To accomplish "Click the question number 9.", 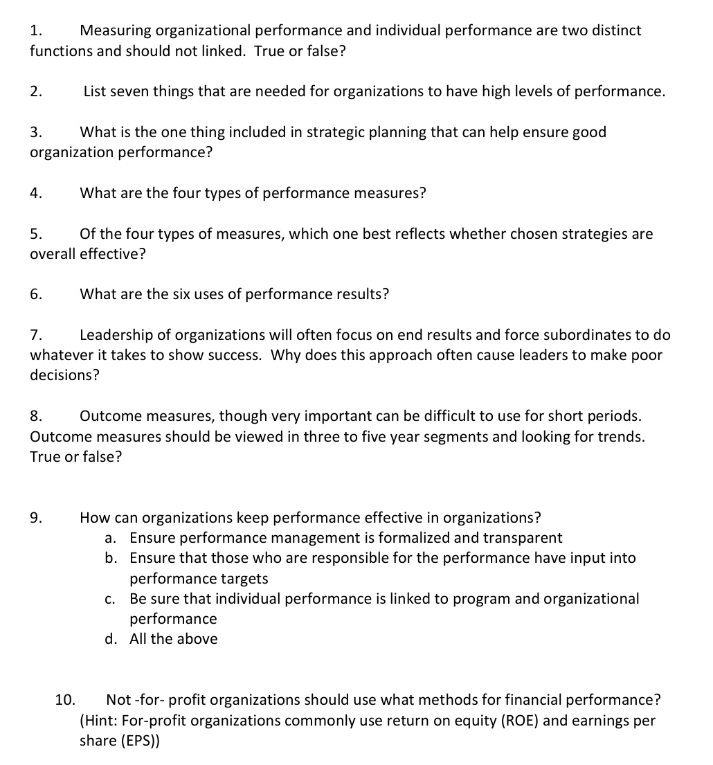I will click(36, 518).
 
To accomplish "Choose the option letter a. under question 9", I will click(111, 538).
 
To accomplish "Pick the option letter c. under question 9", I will click(111, 599).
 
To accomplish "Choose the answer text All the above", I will click(173, 639).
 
